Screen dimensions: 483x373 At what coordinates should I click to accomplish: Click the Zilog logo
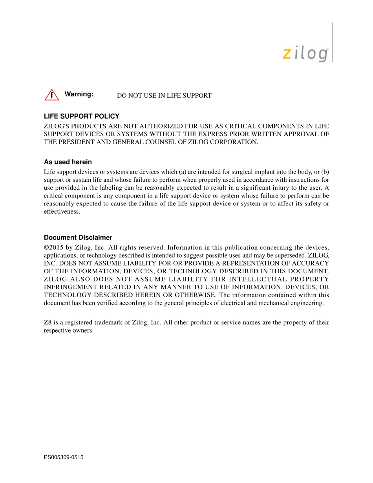coord(305,54)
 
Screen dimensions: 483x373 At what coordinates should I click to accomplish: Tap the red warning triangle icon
coord(51,95)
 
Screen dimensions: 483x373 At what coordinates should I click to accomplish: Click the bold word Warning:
coord(79,94)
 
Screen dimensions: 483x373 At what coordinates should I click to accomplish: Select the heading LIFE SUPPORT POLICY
coord(81,116)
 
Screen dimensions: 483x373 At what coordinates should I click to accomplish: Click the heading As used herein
coord(68,162)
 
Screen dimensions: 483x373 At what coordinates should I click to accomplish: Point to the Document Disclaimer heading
coord(78,238)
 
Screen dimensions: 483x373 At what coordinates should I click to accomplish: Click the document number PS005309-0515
coord(64,457)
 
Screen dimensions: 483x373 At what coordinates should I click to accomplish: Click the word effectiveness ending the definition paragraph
coord(62,212)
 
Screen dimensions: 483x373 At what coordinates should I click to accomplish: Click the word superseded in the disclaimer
coord(291,256)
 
